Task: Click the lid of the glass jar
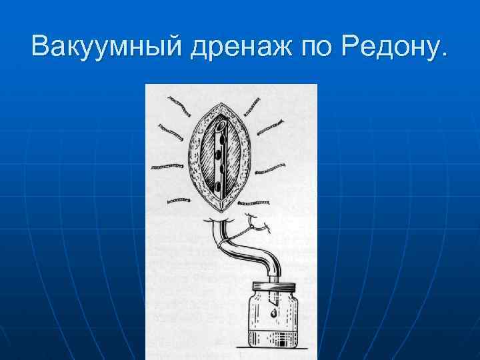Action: (x=274, y=289)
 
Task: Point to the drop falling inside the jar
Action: (x=273, y=312)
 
